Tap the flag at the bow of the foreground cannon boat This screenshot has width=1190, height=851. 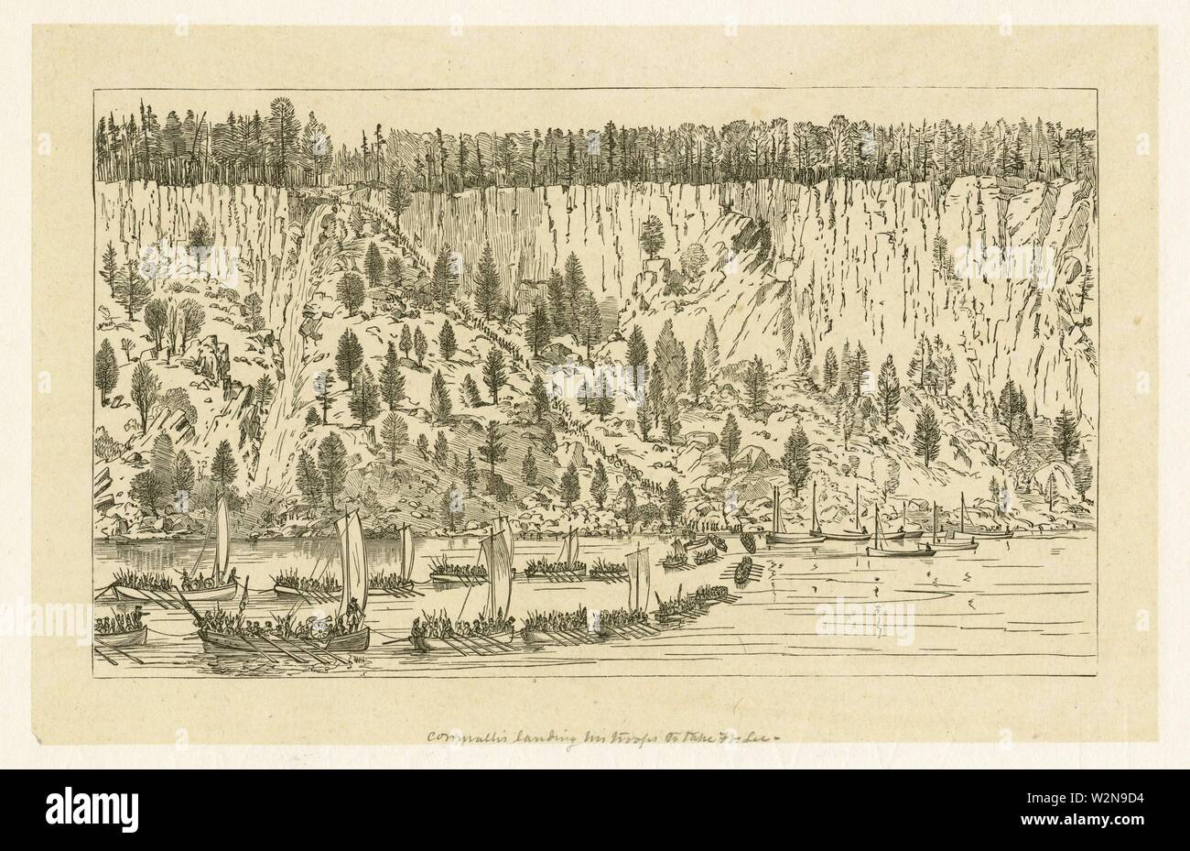click(x=244, y=595)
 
